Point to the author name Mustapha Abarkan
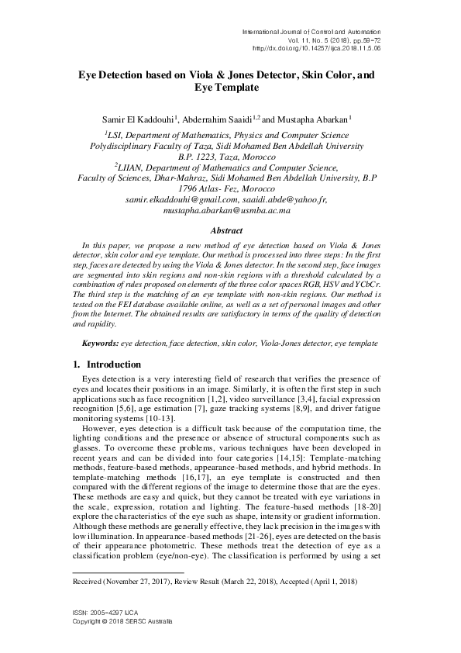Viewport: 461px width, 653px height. tap(312, 119)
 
